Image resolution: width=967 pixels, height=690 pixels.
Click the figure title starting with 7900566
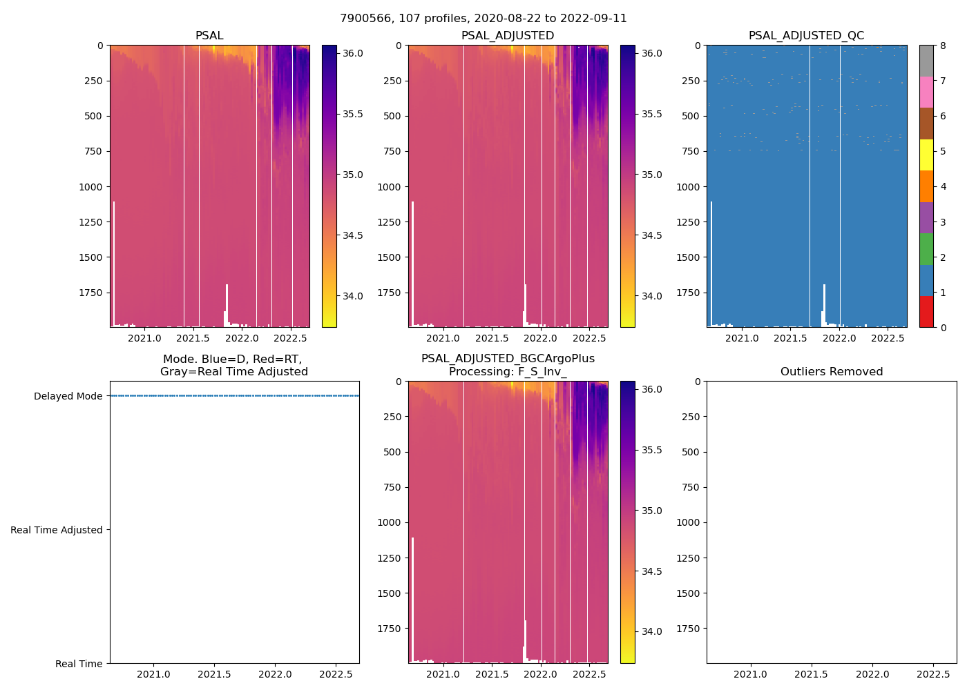click(x=483, y=19)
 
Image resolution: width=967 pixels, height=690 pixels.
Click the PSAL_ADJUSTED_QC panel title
click(x=806, y=36)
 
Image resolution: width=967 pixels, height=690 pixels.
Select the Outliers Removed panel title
click(x=831, y=372)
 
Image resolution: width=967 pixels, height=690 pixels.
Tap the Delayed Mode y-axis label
click(x=68, y=396)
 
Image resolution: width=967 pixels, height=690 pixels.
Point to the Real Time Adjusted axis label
click(x=56, y=530)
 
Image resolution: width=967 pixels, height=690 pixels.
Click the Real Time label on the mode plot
click(x=79, y=664)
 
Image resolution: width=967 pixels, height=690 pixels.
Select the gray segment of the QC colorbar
click(x=926, y=61)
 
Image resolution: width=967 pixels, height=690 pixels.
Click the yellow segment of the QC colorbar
click(x=926, y=155)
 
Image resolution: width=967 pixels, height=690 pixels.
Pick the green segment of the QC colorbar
click(x=926, y=249)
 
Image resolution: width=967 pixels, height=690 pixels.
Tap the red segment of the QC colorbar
click(x=926, y=312)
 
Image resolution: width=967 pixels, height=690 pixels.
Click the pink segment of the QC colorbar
click(x=926, y=92)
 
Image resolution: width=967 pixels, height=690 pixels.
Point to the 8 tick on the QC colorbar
click(x=944, y=46)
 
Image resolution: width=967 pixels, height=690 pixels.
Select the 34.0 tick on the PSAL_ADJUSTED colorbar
click(x=651, y=296)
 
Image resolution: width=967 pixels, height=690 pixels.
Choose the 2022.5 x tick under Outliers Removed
click(x=933, y=674)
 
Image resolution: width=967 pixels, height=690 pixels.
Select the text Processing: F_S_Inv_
click(x=508, y=372)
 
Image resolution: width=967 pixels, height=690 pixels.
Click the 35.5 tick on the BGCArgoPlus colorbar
click(x=651, y=450)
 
